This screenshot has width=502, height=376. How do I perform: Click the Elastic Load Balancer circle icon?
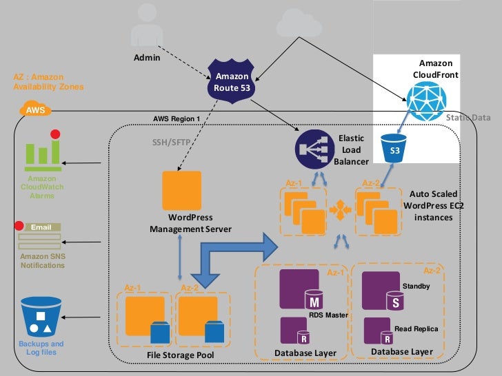(x=311, y=149)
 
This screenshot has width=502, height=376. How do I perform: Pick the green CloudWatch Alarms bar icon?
(x=42, y=155)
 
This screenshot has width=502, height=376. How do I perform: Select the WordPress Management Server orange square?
(x=181, y=190)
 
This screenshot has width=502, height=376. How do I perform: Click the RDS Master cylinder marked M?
(x=314, y=300)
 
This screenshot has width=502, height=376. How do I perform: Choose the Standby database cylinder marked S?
(x=395, y=301)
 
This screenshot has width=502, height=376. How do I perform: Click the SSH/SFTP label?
(x=170, y=143)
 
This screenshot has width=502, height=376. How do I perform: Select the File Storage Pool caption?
(x=181, y=355)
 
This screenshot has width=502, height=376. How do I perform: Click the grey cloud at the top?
(x=298, y=25)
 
